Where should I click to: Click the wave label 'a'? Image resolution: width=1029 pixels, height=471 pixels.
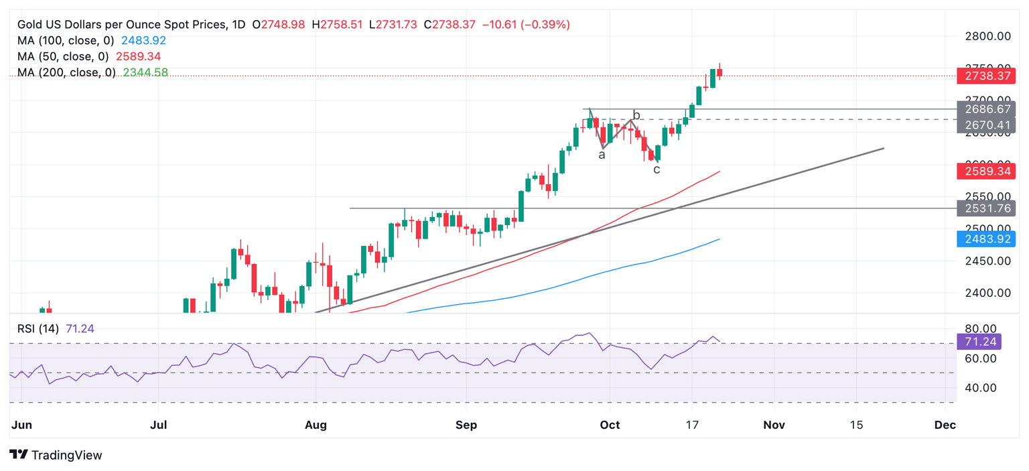(602, 155)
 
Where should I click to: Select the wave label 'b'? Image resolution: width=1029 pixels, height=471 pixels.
(636, 115)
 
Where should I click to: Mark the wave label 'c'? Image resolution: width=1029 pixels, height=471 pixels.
(657, 170)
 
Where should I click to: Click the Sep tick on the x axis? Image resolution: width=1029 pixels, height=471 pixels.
(466, 425)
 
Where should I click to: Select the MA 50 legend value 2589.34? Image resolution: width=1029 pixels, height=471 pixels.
(138, 56)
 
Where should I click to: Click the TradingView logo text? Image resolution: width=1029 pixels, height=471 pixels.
(67, 456)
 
